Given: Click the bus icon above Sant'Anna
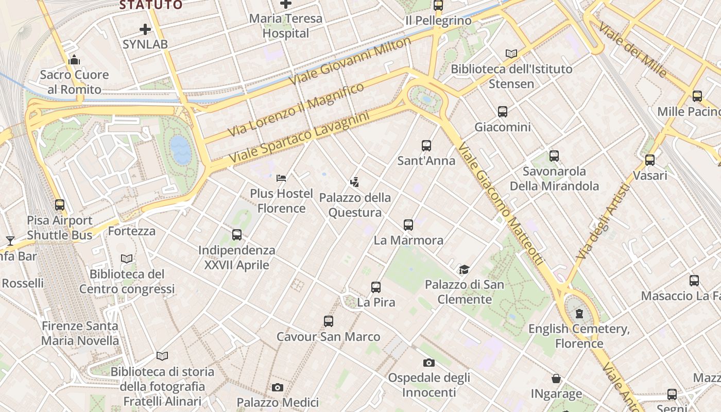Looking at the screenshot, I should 426,145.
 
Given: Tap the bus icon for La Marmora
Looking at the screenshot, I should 408,225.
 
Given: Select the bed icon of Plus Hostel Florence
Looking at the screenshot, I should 281,178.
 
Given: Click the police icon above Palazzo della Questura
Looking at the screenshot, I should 354,182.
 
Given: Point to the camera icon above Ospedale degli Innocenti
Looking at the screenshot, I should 428,363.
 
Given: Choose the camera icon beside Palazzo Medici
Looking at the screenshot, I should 278,387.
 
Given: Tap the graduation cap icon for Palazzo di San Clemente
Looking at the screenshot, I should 464,269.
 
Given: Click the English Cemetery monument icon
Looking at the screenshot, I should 579,313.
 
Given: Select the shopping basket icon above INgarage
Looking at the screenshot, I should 556,379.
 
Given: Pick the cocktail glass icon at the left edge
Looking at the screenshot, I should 10,241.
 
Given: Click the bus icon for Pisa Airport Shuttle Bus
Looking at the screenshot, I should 60,204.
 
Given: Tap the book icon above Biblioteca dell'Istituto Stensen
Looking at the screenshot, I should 511,54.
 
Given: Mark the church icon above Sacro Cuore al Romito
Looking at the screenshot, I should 74,60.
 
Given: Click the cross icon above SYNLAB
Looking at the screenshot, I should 145,29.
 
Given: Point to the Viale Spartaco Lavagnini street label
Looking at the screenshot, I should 299,139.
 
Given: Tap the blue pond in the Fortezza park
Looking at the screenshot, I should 180,149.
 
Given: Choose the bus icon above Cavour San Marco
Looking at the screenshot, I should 329,321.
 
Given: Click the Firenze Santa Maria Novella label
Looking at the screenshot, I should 80,333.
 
